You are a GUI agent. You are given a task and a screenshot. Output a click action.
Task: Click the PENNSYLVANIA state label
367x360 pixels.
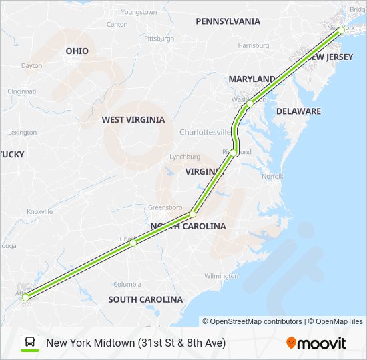click(x=228, y=21)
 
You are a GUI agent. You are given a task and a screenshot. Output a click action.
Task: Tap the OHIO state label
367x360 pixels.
click(x=77, y=51)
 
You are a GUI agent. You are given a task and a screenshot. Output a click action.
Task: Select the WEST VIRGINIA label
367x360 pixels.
click(x=133, y=120)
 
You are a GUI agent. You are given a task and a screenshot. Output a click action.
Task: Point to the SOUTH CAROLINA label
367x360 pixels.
click(x=145, y=299)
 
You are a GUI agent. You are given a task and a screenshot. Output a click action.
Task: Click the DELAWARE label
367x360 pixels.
click(x=298, y=111)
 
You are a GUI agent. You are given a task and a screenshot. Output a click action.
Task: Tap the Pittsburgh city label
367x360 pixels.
click(x=159, y=39)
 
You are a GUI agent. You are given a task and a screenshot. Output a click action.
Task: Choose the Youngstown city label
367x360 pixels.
click(x=139, y=12)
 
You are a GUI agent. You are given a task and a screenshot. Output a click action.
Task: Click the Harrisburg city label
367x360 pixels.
click(x=253, y=46)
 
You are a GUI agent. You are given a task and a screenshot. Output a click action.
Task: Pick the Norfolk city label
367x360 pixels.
click(x=272, y=177)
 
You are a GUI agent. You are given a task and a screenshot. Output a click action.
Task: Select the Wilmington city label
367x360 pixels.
click(x=221, y=276)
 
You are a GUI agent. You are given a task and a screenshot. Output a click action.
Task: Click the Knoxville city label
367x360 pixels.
click(x=39, y=211)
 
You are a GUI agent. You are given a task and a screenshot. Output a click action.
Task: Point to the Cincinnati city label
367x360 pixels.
click(x=22, y=91)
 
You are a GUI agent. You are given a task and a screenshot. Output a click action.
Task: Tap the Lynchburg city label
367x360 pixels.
click(x=185, y=157)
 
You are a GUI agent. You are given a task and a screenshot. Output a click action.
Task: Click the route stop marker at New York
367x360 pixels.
click(x=342, y=30)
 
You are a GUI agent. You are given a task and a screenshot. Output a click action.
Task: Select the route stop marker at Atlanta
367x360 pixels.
click(x=25, y=297)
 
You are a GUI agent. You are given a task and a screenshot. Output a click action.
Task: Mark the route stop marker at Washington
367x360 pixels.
click(x=250, y=104)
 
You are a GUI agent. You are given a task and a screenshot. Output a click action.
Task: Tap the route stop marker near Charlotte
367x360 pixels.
click(x=133, y=243)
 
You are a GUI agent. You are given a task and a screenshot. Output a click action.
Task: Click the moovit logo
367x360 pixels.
click(x=316, y=343)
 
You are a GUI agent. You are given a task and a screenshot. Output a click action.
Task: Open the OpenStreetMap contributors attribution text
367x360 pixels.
click(x=252, y=321)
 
